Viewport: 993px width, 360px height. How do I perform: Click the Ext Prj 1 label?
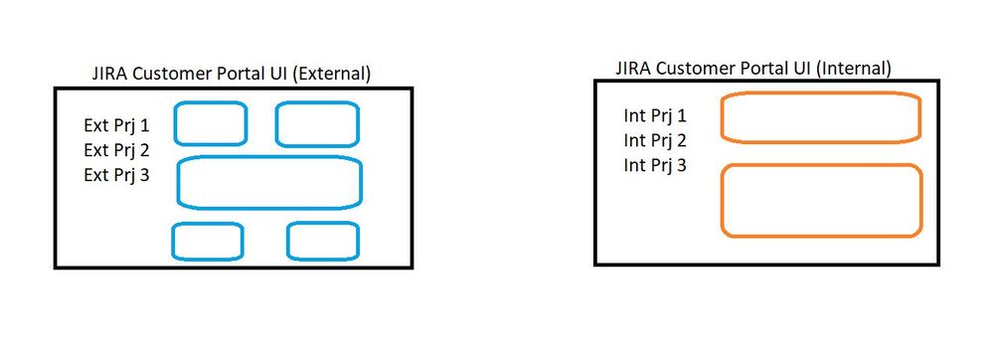(116, 126)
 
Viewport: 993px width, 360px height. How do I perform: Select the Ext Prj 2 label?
(116, 151)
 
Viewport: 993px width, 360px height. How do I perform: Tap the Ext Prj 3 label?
(116, 175)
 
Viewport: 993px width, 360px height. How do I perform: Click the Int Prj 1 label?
(655, 116)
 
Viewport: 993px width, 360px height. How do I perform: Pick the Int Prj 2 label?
(655, 140)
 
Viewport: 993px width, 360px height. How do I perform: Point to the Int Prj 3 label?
(655, 165)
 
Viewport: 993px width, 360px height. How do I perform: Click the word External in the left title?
(334, 74)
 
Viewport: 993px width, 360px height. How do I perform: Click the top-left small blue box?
(211, 123)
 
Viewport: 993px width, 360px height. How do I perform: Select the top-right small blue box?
(317, 123)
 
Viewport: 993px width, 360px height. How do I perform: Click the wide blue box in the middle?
(268, 183)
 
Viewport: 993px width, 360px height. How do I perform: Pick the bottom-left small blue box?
(208, 242)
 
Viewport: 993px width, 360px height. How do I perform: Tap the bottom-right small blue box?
(323, 242)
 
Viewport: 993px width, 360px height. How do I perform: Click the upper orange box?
(820, 118)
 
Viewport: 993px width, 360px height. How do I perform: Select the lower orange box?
(820, 200)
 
